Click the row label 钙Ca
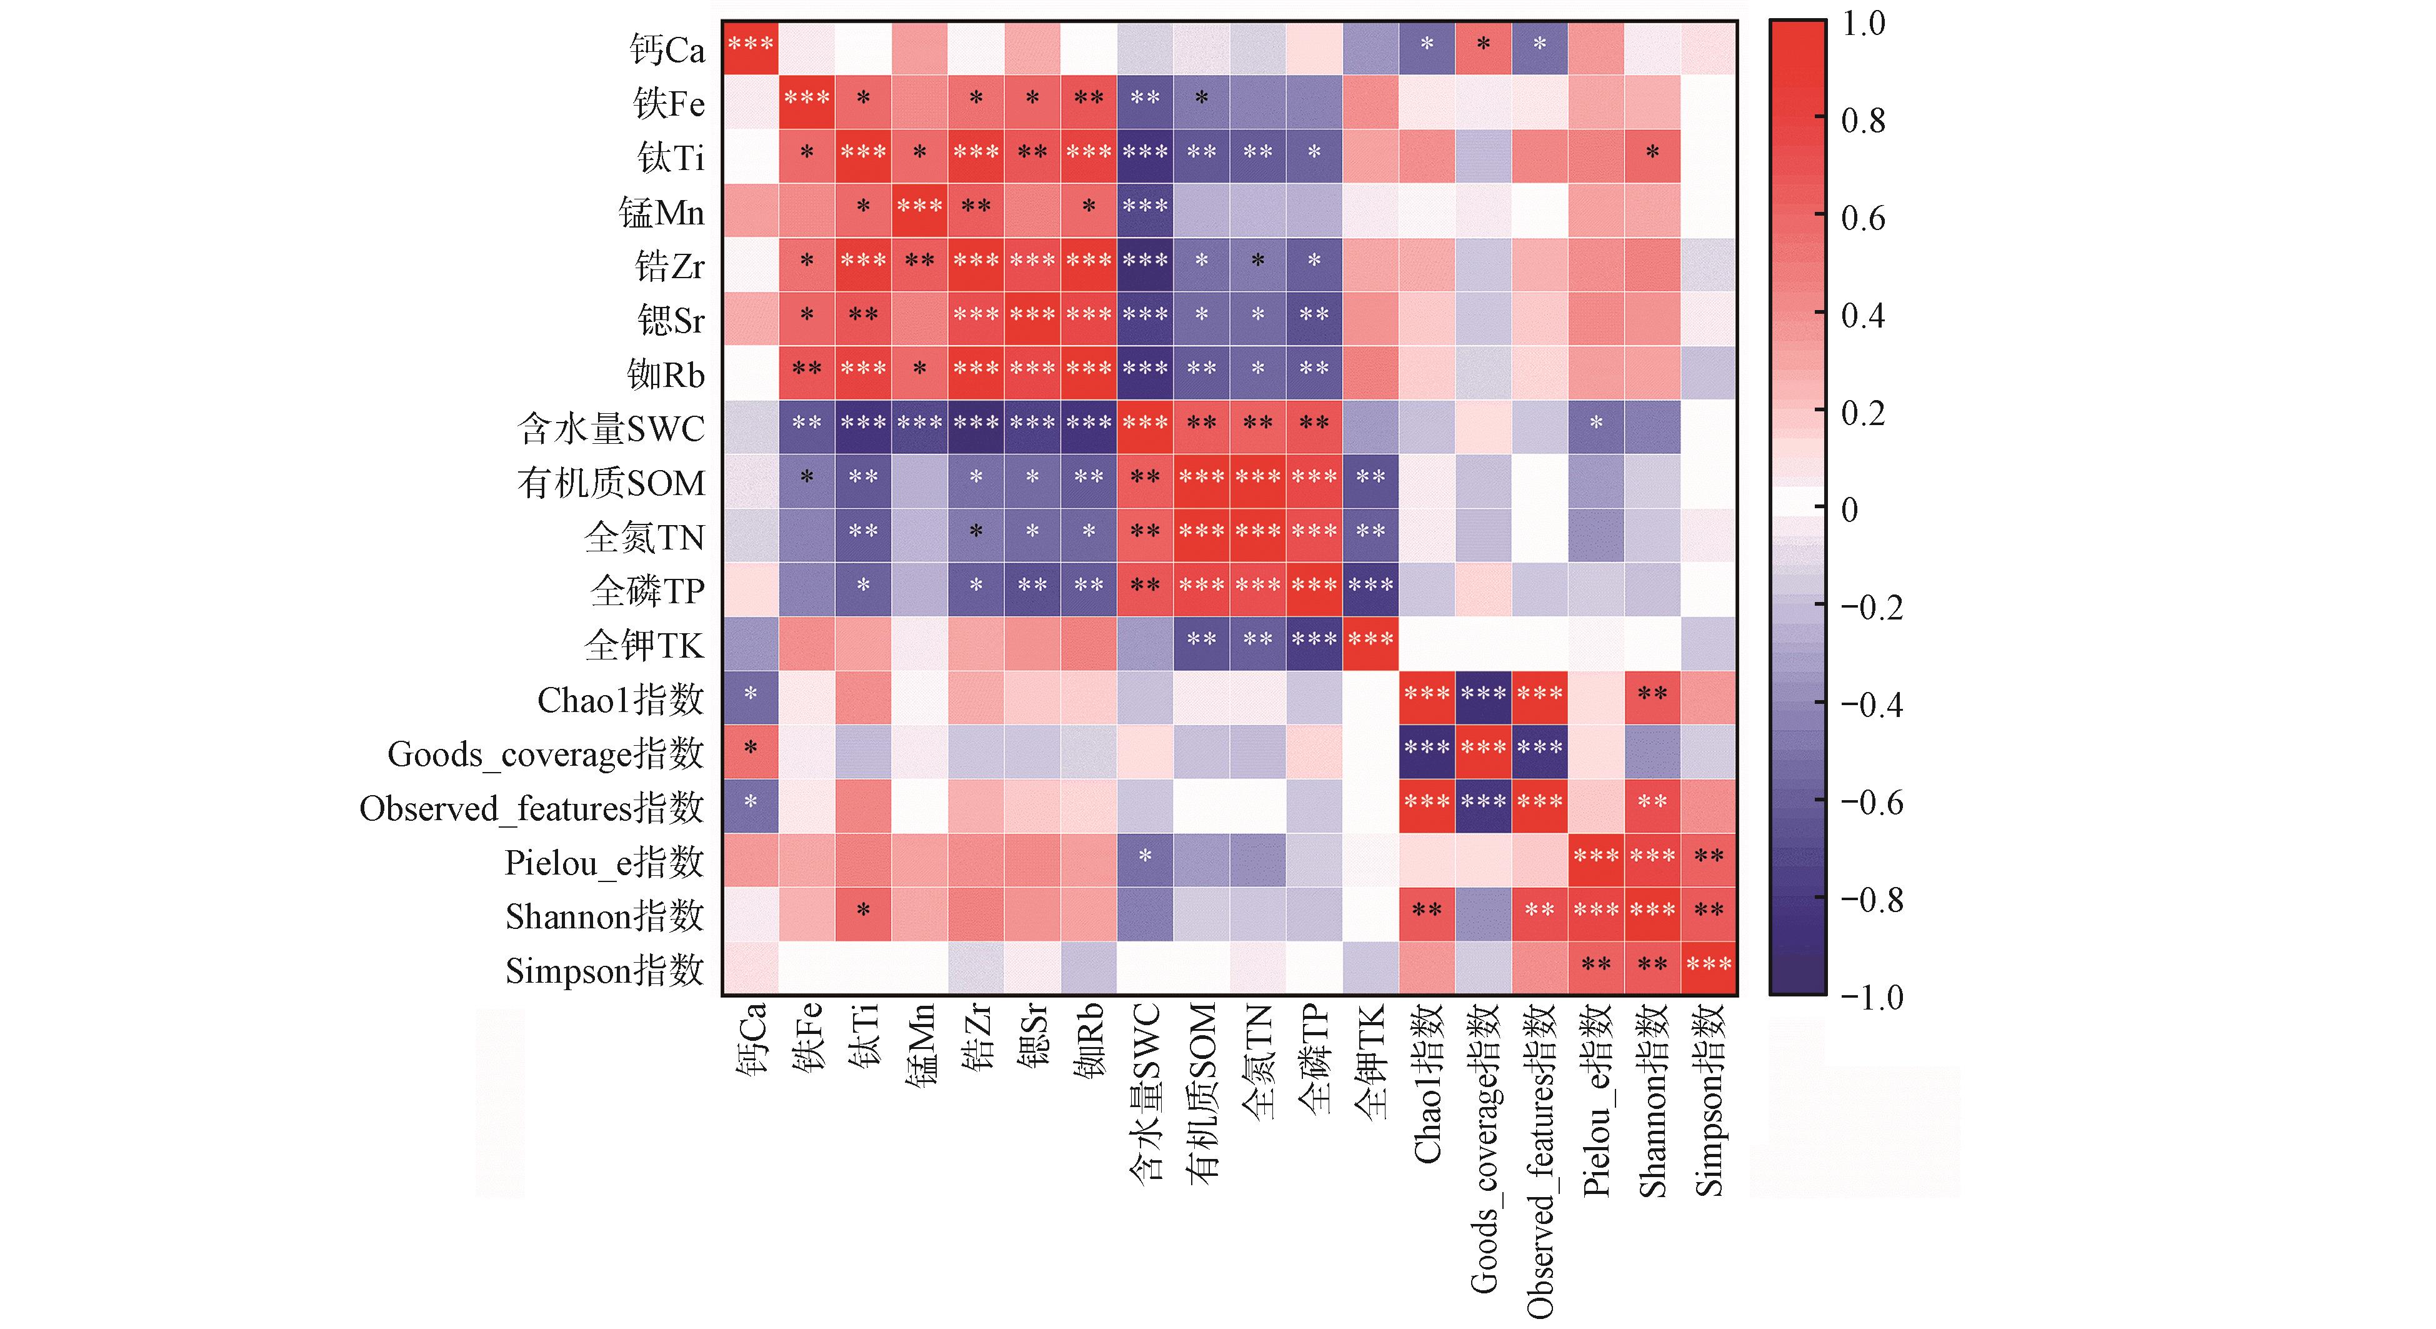point(667,49)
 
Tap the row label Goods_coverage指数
point(546,754)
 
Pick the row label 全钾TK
point(644,645)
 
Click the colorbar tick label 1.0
point(1863,24)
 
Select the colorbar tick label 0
point(1850,510)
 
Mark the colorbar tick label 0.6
point(1863,219)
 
